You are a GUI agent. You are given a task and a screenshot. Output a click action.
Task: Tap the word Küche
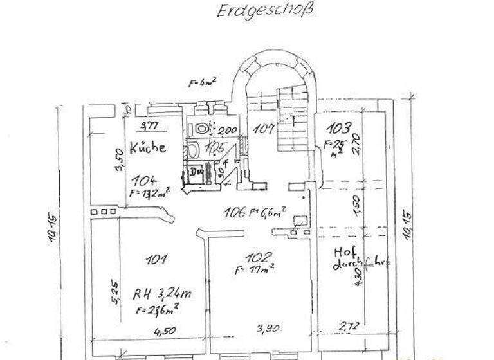pyautogui.click(x=147, y=147)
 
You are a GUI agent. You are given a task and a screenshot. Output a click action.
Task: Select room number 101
pyautogui.click(x=157, y=259)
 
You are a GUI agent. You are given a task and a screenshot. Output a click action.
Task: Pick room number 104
pyautogui.click(x=145, y=181)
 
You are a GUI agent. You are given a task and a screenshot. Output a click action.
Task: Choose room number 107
pyautogui.click(x=262, y=127)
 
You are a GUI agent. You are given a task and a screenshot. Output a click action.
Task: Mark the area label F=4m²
pyautogui.click(x=202, y=83)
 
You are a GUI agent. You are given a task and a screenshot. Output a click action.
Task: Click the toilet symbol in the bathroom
pyautogui.click(x=203, y=129)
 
